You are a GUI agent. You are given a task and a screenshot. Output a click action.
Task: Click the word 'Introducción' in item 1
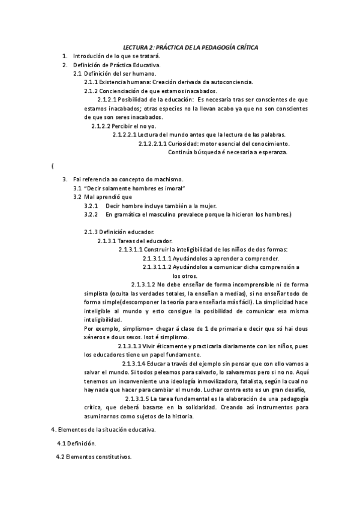click(90, 56)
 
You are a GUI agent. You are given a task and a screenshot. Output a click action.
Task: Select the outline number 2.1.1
click(91, 82)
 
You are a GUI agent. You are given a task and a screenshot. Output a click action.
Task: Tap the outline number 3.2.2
click(91, 214)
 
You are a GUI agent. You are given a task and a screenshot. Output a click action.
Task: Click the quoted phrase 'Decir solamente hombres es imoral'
click(134, 188)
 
